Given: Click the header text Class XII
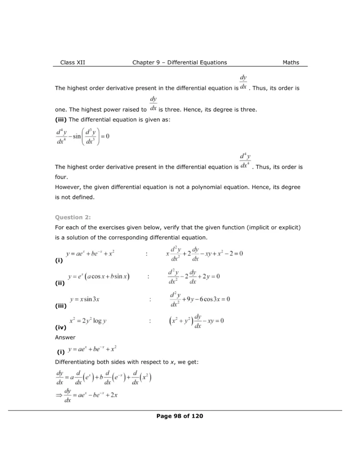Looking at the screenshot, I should click(72, 62).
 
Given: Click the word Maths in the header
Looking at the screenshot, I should click(291, 62).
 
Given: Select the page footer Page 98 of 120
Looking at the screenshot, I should click(179, 416).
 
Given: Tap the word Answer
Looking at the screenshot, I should click(65, 337).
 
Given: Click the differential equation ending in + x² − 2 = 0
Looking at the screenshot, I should click(204, 253).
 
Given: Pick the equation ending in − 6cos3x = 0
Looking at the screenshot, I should click(199, 299).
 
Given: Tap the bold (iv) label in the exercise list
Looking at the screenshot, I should click(61, 327).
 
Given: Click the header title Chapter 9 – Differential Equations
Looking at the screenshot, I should click(179, 62).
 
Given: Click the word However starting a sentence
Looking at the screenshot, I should click(69, 187).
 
